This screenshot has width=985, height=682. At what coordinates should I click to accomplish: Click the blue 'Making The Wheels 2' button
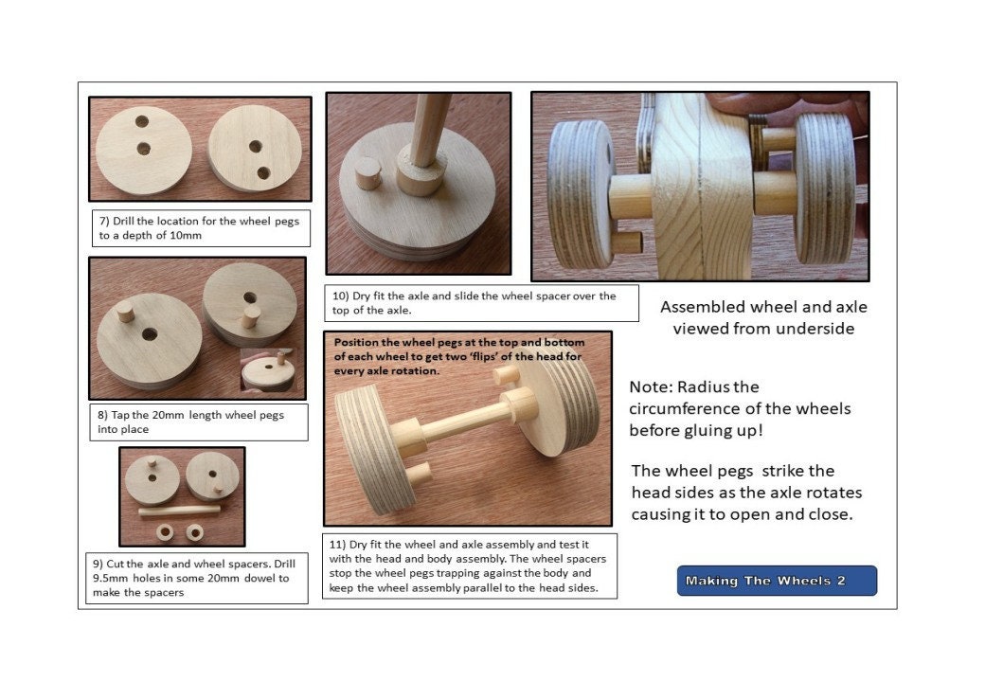tap(777, 581)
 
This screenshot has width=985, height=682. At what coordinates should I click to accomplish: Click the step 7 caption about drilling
tap(198, 227)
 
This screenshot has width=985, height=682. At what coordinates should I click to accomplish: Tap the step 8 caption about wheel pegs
tap(198, 422)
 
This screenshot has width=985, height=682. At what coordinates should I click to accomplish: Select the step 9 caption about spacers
tap(198, 578)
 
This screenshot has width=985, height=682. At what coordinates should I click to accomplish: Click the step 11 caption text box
tap(470, 565)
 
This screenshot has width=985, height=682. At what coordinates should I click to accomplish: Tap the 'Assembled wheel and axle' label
tap(763, 307)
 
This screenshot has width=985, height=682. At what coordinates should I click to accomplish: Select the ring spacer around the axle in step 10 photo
tap(421, 176)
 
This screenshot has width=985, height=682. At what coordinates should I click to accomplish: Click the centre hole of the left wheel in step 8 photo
tap(150, 334)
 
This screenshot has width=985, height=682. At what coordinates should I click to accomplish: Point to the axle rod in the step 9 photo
tap(180, 511)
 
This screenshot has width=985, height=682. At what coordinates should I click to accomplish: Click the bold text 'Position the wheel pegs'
tap(398, 342)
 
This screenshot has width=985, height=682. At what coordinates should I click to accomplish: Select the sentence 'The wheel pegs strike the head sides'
tap(733, 471)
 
